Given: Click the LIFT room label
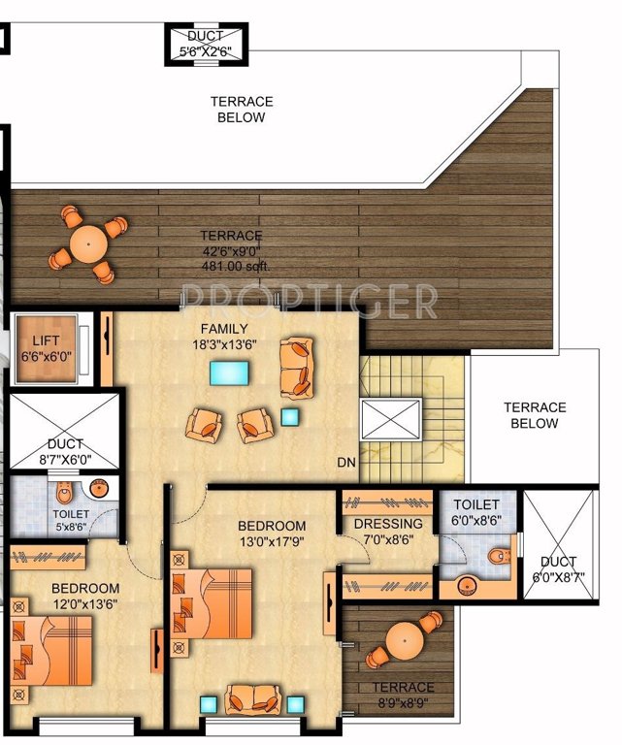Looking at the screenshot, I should [x=46, y=341].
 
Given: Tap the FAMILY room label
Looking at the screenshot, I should [x=224, y=329].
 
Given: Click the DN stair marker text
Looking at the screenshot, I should [x=346, y=463].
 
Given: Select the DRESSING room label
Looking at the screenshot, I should [x=386, y=525].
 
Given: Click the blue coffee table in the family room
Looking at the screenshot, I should [x=229, y=372].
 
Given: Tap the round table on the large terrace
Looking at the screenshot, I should [x=88, y=243].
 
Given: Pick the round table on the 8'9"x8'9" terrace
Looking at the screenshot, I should [x=401, y=641].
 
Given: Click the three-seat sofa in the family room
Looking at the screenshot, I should [x=297, y=367].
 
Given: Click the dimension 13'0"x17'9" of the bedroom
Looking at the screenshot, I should [x=272, y=542].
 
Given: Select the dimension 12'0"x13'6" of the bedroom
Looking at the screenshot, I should [x=85, y=605].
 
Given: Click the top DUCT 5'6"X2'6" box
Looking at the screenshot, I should [x=205, y=44].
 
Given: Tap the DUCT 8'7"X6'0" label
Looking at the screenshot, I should [x=63, y=452].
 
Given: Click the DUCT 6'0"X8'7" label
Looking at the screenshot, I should [x=559, y=568].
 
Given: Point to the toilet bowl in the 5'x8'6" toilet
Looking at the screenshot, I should [x=64, y=489].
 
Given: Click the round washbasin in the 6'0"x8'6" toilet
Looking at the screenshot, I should [x=467, y=585].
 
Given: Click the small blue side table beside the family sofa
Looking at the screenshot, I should [x=289, y=416].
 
